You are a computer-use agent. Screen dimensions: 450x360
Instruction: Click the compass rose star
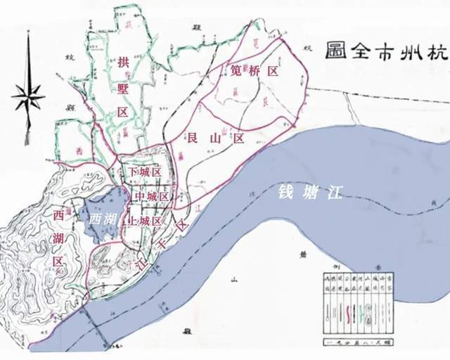point(27,95)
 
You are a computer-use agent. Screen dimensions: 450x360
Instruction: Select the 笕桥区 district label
point(255,71)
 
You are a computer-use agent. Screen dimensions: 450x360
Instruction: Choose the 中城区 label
point(150,196)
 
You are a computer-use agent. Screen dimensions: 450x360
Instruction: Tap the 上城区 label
point(146,220)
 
